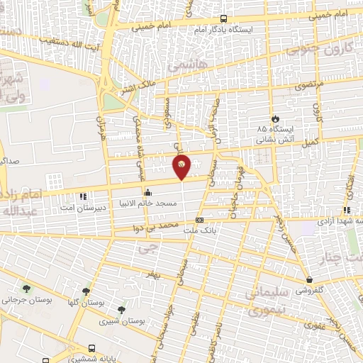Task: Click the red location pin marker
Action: coord(182,167)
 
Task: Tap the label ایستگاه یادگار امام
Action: coord(223,30)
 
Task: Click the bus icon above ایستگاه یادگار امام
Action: coord(224,19)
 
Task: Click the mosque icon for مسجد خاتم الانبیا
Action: coord(147,192)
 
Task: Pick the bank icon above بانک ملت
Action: coord(199,220)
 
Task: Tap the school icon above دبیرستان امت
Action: coord(83,196)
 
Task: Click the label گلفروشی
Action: coord(309,290)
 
